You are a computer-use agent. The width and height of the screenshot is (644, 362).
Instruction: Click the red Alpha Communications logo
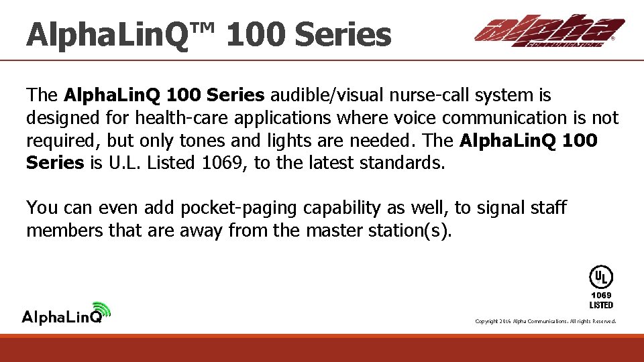tap(549, 31)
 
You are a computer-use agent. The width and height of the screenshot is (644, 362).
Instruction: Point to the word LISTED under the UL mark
tap(601, 305)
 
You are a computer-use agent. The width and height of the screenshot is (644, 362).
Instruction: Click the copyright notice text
tap(545, 321)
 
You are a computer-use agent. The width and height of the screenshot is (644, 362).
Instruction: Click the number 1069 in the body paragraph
tap(225, 162)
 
